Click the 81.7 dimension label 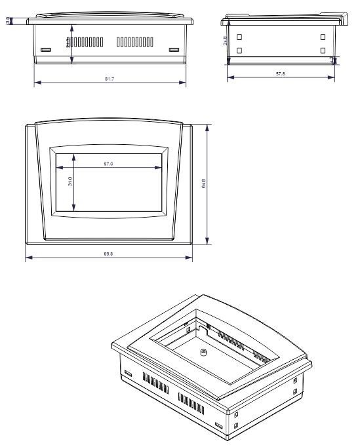pyautogui.click(x=110, y=79)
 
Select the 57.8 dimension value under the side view pyautogui.click(x=281, y=73)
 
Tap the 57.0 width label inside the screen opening pyautogui.click(x=108, y=163)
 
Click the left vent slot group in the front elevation pyautogui.click(x=85, y=42)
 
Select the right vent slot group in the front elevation pyautogui.click(x=135, y=43)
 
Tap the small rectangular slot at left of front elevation pyautogui.click(x=45, y=50)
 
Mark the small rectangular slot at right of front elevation pyautogui.click(x=173, y=50)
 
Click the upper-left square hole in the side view pyautogui.click(x=239, y=37)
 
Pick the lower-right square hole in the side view pyautogui.click(x=323, y=50)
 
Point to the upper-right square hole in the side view pyautogui.click(x=323, y=37)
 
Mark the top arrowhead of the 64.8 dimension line pyautogui.click(x=208, y=126)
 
